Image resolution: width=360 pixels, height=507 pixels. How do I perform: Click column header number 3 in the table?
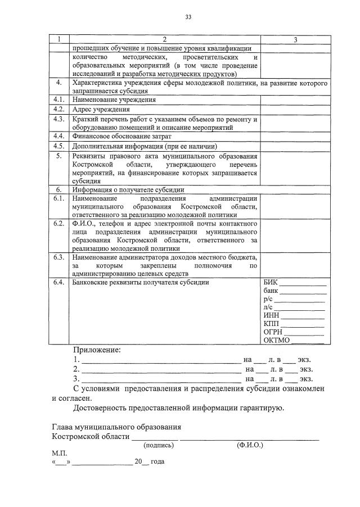click(x=296, y=39)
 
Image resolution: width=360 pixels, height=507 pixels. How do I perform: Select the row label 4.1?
click(x=58, y=99)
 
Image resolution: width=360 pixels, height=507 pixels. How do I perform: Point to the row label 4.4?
click(x=58, y=136)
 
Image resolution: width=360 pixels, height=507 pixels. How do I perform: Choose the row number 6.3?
click(x=58, y=257)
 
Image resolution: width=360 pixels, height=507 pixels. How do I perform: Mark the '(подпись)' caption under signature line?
click(x=159, y=445)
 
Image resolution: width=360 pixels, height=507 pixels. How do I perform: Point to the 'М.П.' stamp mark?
click(x=58, y=452)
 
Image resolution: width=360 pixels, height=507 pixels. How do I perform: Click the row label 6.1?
click(x=58, y=199)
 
